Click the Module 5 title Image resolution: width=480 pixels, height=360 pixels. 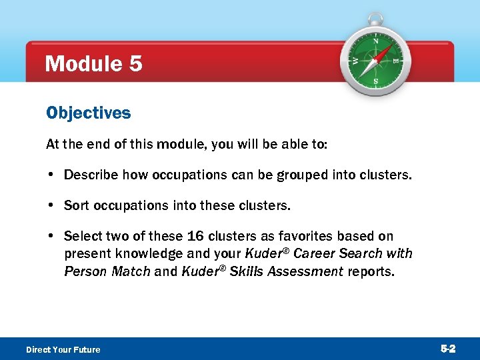(x=93, y=64)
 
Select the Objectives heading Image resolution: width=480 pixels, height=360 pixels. (x=88, y=113)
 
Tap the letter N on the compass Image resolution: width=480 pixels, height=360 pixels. (x=376, y=41)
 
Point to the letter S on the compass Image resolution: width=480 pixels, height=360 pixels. (x=375, y=81)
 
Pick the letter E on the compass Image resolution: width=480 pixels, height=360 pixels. (x=396, y=61)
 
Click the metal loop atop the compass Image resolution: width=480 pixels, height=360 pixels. (x=376, y=19)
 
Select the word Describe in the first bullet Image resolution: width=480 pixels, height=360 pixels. (x=90, y=175)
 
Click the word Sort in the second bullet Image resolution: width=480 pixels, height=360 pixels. (x=76, y=205)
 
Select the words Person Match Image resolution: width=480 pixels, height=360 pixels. (x=107, y=272)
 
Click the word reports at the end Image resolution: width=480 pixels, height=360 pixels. (x=371, y=272)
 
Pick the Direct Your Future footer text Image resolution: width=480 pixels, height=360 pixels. (x=63, y=349)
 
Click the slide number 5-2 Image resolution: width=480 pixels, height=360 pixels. (x=447, y=349)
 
